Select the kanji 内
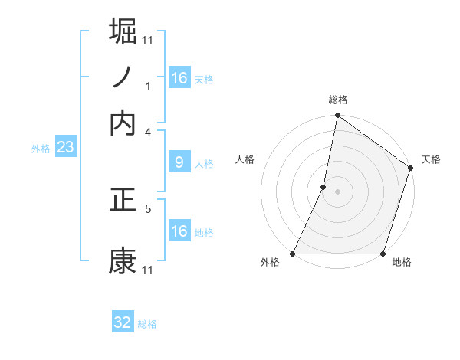[123, 123]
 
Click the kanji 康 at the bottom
[123, 261]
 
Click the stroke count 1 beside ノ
[148, 86]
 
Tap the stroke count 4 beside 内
[148, 132]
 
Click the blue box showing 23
[65, 147]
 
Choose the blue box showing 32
[123, 322]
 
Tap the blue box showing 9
[179, 162]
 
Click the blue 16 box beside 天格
[179, 78]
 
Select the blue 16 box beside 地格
[179, 231]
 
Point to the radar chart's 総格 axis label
[338, 100]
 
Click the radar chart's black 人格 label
[245, 159]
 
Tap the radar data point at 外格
[294, 254]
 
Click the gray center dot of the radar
[338, 191]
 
